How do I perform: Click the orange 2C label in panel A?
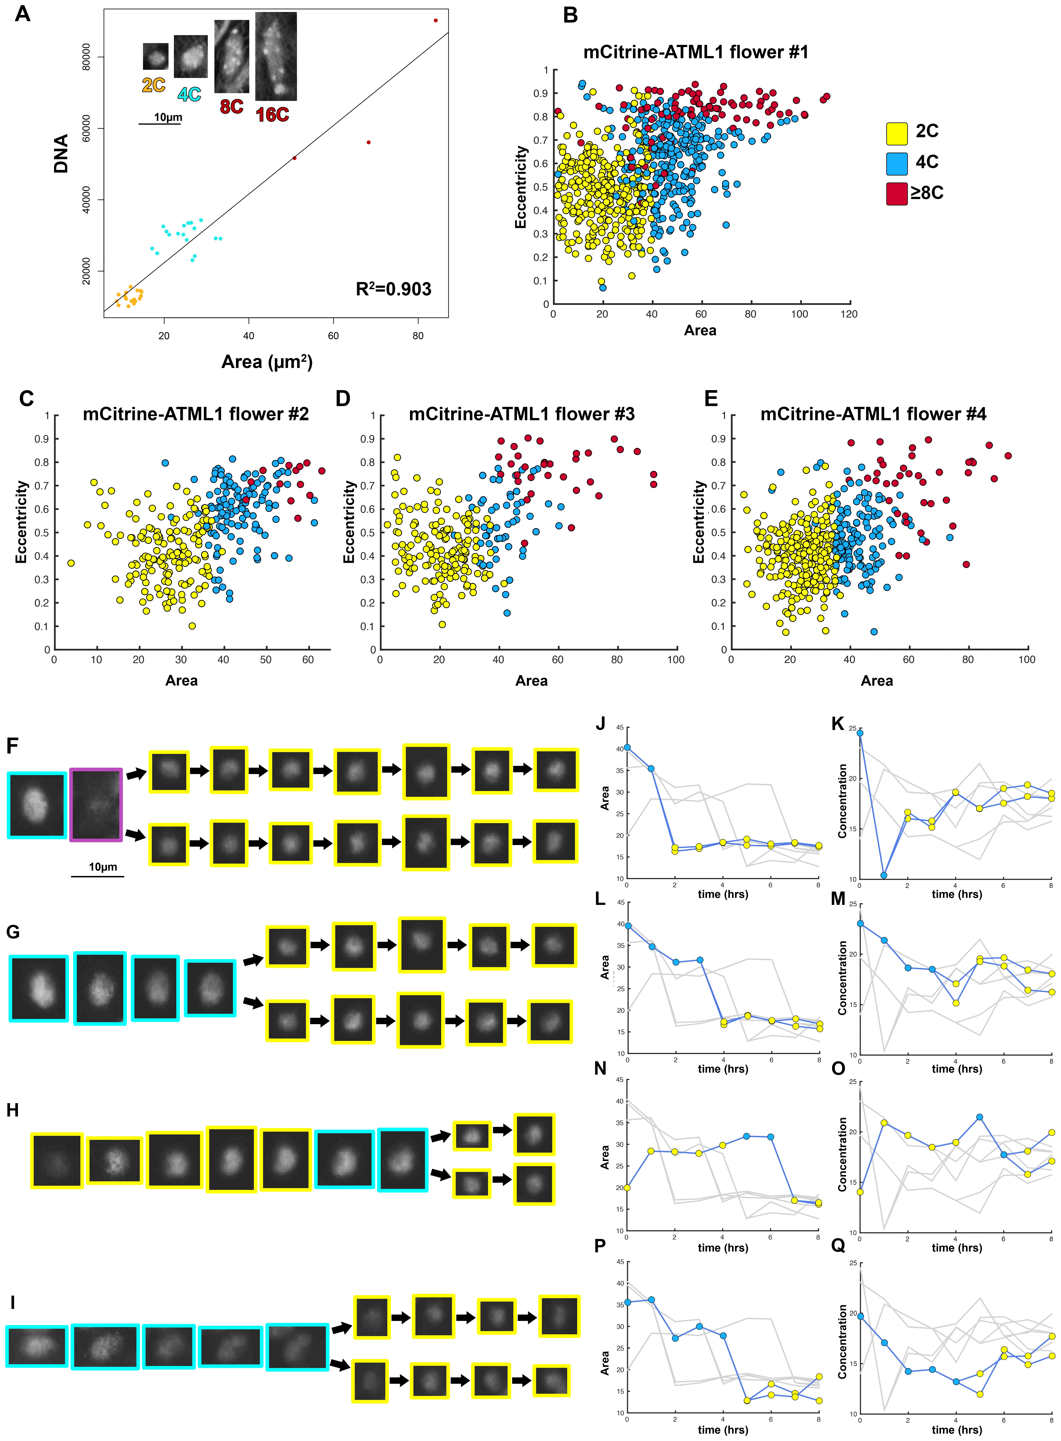tap(154, 85)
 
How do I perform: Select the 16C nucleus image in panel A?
tap(276, 56)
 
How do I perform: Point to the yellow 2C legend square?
tap(897, 133)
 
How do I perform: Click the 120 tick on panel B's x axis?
tap(849, 314)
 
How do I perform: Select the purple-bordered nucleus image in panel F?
tap(96, 804)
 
